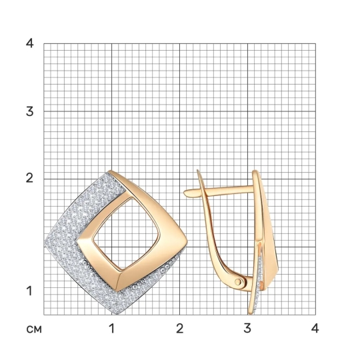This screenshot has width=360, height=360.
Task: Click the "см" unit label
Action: point(34,329)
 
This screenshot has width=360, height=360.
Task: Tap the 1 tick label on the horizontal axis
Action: point(112,328)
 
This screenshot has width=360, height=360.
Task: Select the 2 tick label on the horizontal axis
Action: point(180,328)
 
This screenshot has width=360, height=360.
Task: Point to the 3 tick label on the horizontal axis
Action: point(247,328)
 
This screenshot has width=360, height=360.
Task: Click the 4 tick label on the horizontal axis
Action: point(315,328)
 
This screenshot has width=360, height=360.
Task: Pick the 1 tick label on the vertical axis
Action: point(29,291)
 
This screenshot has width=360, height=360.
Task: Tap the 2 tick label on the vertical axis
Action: point(29,178)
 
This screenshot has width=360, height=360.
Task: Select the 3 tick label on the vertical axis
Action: point(29,111)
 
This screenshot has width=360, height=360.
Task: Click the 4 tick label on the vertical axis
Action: point(29,43)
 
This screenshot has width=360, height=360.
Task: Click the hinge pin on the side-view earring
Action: point(238,281)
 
